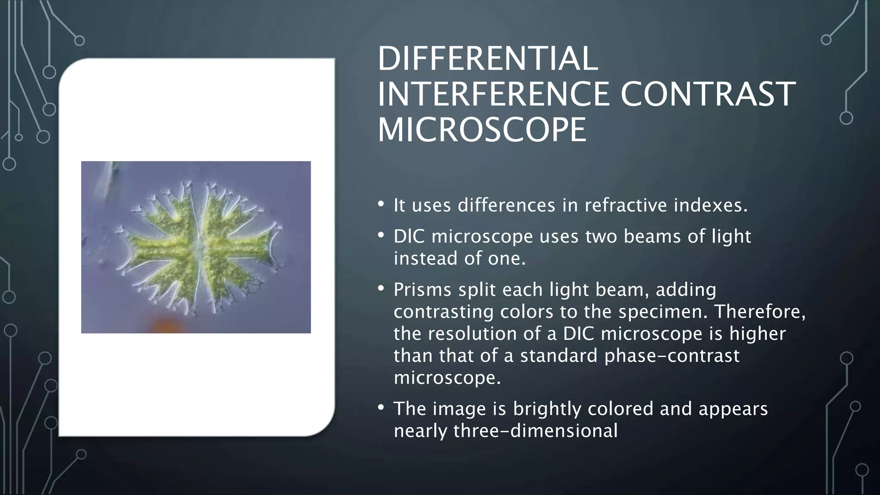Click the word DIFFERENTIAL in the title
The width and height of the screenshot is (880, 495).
pos(488,59)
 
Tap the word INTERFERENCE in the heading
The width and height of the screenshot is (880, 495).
pos(493,94)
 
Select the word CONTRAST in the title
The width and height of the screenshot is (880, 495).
pos(708,94)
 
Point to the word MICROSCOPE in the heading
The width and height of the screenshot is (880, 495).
pos(482,130)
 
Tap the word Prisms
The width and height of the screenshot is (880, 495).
pos(422,290)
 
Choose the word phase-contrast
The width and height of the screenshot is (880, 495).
pos(672,356)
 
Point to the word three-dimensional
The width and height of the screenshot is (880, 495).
pos(535,431)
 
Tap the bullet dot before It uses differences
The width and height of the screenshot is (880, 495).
pos(381,204)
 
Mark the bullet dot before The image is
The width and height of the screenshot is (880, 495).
pos(381,407)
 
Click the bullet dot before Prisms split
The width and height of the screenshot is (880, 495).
pos(381,288)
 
